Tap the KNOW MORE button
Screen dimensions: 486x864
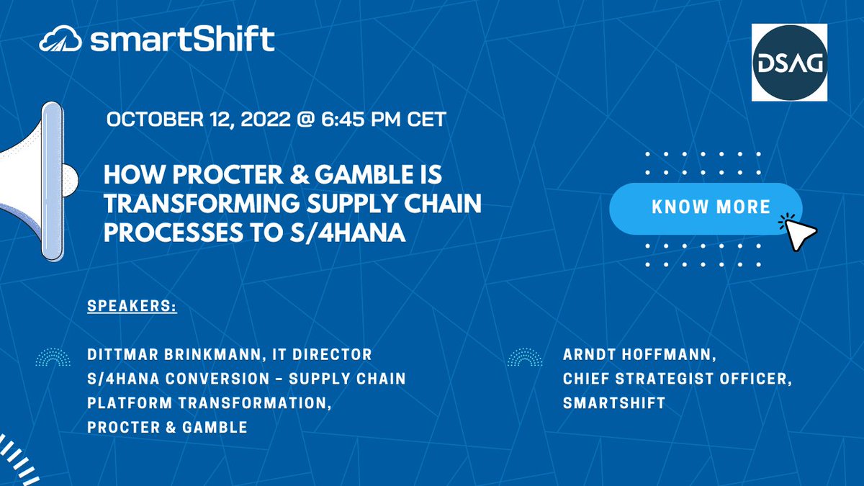(705, 207)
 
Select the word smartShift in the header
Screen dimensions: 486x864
(182, 40)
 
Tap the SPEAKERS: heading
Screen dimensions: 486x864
(132, 306)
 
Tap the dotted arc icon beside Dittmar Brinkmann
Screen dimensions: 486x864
(54, 356)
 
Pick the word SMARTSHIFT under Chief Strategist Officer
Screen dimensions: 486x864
(614, 403)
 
